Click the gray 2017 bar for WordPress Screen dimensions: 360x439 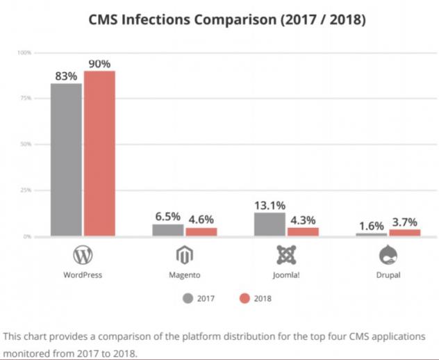pos(66,160)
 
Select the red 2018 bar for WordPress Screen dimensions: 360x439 pos(99,154)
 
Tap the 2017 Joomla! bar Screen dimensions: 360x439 pos(270,224)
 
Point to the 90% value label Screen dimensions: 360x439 pos(99,64)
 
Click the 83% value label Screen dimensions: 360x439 pos(66,76)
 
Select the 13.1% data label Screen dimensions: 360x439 pos(270,206)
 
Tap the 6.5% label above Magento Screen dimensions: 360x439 pos(167,217)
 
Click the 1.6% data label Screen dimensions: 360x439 pos(372,226)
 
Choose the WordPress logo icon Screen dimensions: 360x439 pos(83,256)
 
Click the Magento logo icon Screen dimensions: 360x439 pos(184,256)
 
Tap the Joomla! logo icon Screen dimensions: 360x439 pos(285,256)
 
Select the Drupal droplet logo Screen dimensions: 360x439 pos(387,256)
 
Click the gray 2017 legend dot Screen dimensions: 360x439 pos(188,298)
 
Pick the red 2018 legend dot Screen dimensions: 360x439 pos(243,298)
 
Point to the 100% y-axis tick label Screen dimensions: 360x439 pos(24,53)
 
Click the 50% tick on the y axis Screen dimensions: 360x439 pos(25,145)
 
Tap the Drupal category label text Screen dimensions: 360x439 pos(387,275)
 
